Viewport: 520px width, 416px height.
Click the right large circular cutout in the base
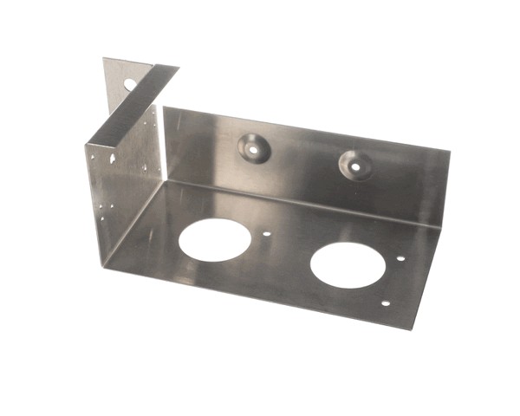coord(346,263)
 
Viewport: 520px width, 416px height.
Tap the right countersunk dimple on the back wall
coord(354,160)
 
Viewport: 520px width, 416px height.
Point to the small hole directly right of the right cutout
coord(400,258)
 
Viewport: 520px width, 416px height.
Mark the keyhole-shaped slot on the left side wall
coord(113,161)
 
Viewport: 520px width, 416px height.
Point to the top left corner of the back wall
coord(164,108)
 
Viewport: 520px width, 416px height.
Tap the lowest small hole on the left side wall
coord(102,218)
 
